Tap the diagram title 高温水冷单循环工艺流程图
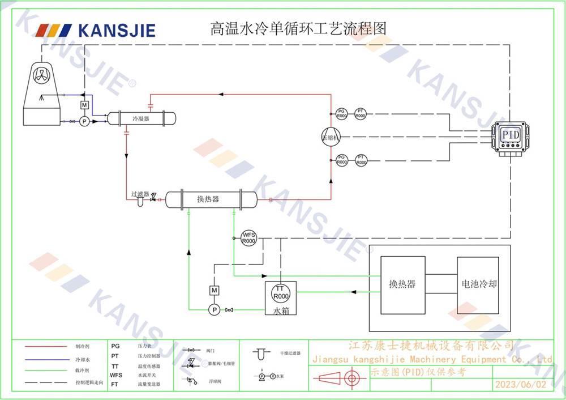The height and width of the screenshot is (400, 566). point(298,28)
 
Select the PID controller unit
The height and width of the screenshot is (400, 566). point(511,137)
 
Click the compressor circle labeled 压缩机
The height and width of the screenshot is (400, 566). point(331,137)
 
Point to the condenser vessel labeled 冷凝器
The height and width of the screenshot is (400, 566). point(141,118)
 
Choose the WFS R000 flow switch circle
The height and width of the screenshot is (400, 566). point(248,237)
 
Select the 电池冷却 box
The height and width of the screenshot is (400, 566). point(479,284)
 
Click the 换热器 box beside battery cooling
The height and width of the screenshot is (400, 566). point(402,284)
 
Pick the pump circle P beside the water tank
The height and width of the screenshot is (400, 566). point(214,309)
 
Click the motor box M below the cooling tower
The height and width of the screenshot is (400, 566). point(84,106)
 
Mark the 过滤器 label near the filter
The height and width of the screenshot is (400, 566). point(140,194)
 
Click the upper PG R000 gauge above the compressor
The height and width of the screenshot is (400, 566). point(341,113)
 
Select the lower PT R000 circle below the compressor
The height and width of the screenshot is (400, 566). point(361,160)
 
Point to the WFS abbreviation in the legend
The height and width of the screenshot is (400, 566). point(116,375)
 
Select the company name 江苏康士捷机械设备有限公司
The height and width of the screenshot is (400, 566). point(430,346)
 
